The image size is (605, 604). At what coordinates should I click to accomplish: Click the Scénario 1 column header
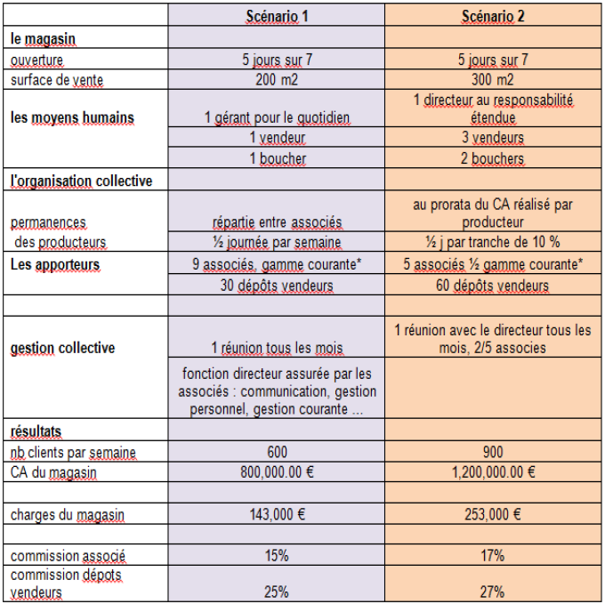276,17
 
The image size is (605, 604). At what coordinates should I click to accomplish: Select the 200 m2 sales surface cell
276,79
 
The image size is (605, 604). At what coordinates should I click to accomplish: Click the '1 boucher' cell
276,158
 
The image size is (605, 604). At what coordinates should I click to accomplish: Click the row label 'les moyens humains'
60,117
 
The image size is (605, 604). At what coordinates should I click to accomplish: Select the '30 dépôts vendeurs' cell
276,286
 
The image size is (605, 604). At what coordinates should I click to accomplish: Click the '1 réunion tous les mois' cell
276,348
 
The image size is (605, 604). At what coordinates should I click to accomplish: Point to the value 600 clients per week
276,453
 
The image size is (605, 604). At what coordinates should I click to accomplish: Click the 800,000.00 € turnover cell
276,472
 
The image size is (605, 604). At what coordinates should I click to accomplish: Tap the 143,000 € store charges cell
276,514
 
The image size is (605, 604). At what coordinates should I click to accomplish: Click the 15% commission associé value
276,556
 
